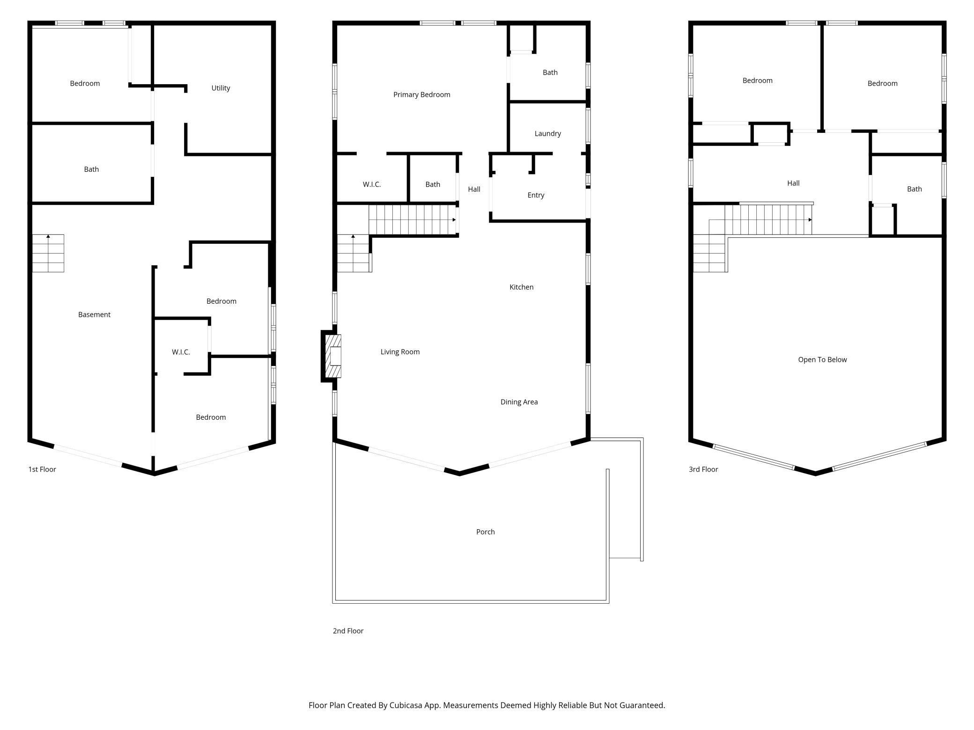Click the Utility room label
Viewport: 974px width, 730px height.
click(221, 88)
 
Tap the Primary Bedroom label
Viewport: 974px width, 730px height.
click(421, 95)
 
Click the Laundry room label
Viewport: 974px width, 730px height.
click(547, 133)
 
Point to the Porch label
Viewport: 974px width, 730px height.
click(485, 532)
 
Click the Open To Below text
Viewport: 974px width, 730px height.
click(822, 359)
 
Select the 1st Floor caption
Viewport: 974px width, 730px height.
click(42, 469)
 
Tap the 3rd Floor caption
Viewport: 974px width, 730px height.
click(703, 469)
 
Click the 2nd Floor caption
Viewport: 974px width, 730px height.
click(348, 631)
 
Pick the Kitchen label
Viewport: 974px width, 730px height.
click(521, 287)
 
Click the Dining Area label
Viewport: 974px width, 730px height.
click(519, 401)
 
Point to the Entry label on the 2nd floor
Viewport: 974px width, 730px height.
click(536, 195)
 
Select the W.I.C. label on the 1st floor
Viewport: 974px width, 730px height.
click(181, 352)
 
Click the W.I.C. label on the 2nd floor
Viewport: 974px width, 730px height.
click(371, 184)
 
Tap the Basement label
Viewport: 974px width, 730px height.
click(94, 314)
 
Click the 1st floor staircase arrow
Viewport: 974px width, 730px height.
click(48, 237)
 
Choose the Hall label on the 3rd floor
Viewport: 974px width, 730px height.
click(793, 183)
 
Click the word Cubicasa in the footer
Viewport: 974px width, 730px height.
click(406, 705)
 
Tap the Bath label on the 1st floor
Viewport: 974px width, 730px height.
click(91, 169)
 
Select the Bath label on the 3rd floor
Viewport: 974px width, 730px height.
click(914, 189)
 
